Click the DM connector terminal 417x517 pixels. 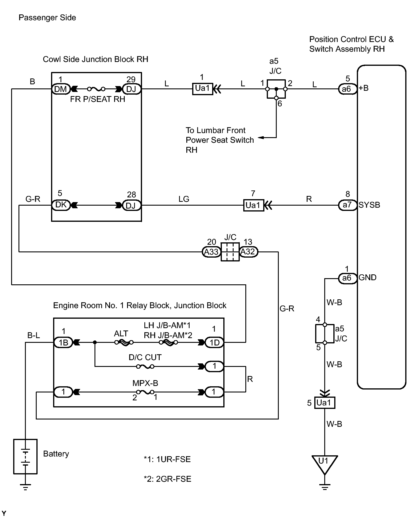61,89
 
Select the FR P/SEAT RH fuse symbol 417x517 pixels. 96,89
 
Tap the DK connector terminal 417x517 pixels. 61,205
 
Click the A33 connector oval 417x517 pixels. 211,252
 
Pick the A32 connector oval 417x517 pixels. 249,252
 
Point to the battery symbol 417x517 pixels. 26,456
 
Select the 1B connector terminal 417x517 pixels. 63,343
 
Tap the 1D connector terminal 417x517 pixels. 214,343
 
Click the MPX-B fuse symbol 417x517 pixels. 145,392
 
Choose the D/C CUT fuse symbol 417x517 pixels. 145,366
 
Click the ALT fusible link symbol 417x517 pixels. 124,342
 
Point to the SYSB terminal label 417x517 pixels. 369,205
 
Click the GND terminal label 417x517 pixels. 367,278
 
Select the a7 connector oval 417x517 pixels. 347,205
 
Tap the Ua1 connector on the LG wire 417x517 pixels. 253,205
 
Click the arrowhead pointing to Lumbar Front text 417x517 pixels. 260,137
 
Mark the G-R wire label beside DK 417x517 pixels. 33,199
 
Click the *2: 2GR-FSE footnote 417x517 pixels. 167,479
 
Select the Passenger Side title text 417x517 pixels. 47,18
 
